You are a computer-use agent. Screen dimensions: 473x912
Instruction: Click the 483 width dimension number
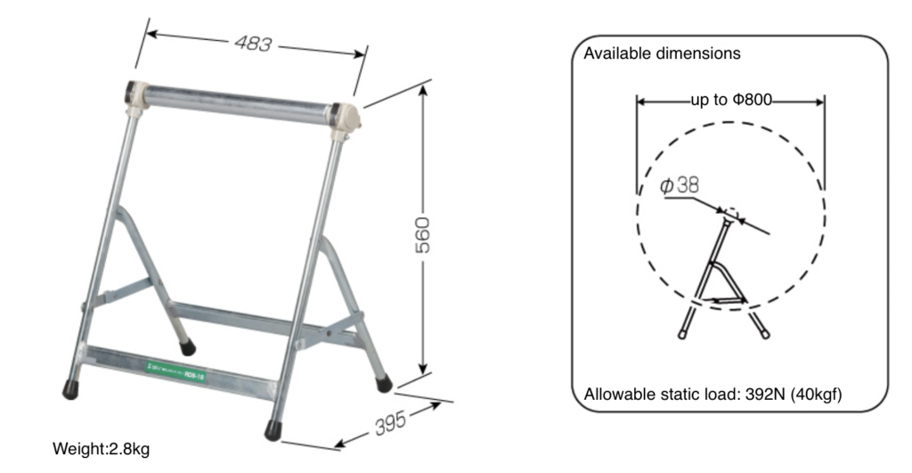254,44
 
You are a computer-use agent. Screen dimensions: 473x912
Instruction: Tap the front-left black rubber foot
70,387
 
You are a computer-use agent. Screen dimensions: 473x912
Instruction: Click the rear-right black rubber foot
384,384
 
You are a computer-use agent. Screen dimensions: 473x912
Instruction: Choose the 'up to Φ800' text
730,100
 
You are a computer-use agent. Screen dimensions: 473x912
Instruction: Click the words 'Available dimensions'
661,53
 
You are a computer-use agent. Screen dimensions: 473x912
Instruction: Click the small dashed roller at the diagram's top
730,214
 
